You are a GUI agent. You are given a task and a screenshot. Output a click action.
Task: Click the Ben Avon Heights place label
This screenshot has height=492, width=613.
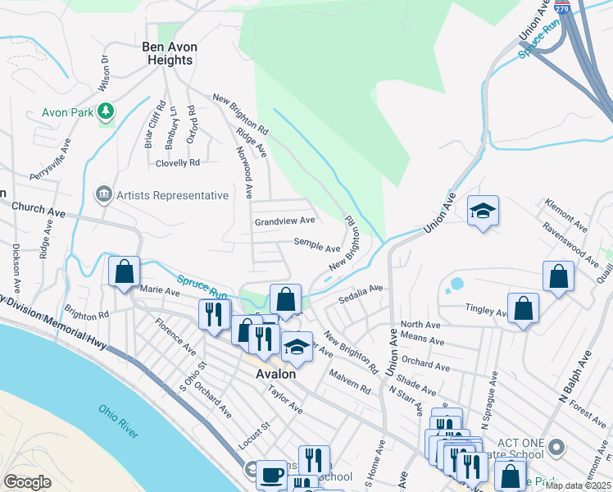point(170,53)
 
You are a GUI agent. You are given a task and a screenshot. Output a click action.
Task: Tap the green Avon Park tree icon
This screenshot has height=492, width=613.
point(105,111)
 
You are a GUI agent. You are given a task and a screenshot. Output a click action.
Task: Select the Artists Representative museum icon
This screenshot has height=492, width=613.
point(104,194)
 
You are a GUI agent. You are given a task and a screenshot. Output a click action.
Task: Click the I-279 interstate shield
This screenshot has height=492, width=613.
point(561,7)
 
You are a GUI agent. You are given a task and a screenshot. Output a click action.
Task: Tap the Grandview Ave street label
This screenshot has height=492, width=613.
point(284,221)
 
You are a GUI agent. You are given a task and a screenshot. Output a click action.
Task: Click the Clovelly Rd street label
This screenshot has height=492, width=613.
point(178,163)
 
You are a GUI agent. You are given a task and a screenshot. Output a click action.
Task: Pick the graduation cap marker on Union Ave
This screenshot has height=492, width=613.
point(484,211)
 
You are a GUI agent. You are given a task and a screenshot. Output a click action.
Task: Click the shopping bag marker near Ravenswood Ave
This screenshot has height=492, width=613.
point(557,276)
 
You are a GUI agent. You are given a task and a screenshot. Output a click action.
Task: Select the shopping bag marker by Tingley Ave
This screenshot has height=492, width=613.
point(523,309)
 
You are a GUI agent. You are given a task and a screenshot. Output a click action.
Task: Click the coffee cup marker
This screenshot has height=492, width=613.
point(271,475)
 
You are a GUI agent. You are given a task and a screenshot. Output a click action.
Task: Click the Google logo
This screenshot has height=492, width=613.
point(27,481)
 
